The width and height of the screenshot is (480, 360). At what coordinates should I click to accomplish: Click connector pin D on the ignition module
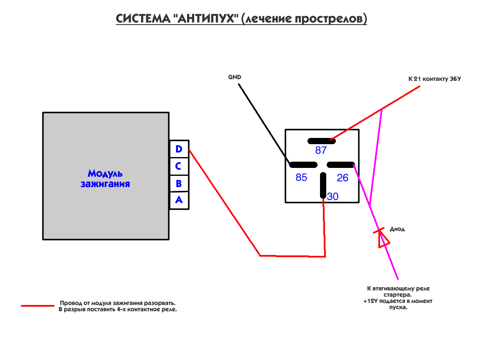[179, 149]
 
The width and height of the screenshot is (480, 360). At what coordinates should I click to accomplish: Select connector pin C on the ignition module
[179, 166]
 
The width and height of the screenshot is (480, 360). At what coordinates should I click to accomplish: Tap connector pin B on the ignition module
[179, 183]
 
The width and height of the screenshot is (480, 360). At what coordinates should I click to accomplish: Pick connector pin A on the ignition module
[179, 200]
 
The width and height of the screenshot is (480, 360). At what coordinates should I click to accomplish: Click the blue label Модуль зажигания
[105, 178]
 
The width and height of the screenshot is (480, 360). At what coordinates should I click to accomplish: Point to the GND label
[235, 77]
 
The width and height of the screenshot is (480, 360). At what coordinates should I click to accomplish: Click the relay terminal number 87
[321, 150]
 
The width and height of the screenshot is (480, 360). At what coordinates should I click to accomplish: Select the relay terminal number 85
[301, 177]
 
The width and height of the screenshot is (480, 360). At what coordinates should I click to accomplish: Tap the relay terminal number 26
[342, 178]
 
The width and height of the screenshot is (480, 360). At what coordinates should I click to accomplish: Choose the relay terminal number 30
[332, 196]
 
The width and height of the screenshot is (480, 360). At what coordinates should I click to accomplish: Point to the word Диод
[397, 229]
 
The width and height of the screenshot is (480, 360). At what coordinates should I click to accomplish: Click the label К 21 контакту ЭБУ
[435, 78]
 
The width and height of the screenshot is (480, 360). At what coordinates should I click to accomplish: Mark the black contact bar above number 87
[322, 140]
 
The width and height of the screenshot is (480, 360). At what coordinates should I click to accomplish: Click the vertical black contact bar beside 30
[323, 186]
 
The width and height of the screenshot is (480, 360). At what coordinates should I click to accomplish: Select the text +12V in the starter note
[370, 301]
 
